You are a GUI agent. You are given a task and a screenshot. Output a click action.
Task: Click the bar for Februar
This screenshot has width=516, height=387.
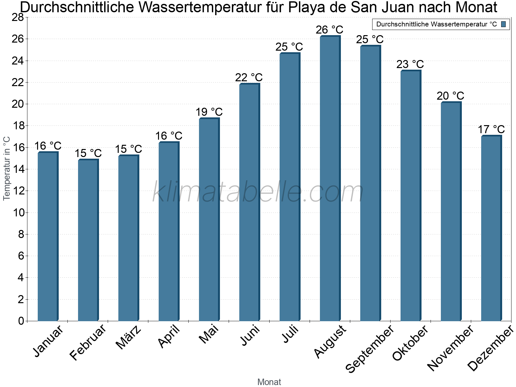[x=88, y=240]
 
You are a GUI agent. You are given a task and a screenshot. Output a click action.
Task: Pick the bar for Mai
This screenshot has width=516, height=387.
[x=209, y=220]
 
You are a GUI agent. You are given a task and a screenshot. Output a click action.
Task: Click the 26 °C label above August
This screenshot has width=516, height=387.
[x=330, y=30]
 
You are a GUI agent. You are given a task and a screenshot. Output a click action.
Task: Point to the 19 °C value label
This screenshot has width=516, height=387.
[x=209, y=112]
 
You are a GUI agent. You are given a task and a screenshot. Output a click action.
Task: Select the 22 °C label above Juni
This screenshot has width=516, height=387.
[x=249, y=77]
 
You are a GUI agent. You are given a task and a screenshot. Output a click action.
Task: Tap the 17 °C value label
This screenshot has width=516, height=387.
[x=491, y=129]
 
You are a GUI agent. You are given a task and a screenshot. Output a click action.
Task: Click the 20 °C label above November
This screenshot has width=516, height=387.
[x=451, y=96]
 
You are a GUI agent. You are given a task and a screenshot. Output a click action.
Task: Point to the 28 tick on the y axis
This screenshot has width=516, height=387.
[x=18, y=17]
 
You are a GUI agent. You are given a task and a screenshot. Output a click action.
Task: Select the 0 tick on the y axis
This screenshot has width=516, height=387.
[x=21, y=321]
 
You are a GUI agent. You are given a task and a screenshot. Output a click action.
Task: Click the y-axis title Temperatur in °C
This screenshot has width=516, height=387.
[x=7, y=168]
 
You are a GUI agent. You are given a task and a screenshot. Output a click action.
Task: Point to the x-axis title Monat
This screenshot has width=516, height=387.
[x=269, y=382]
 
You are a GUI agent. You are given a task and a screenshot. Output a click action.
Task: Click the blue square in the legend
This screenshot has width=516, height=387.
[x=503, y=24]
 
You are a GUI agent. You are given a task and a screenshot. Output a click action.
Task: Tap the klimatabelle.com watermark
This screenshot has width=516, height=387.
[x=258, y=192]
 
